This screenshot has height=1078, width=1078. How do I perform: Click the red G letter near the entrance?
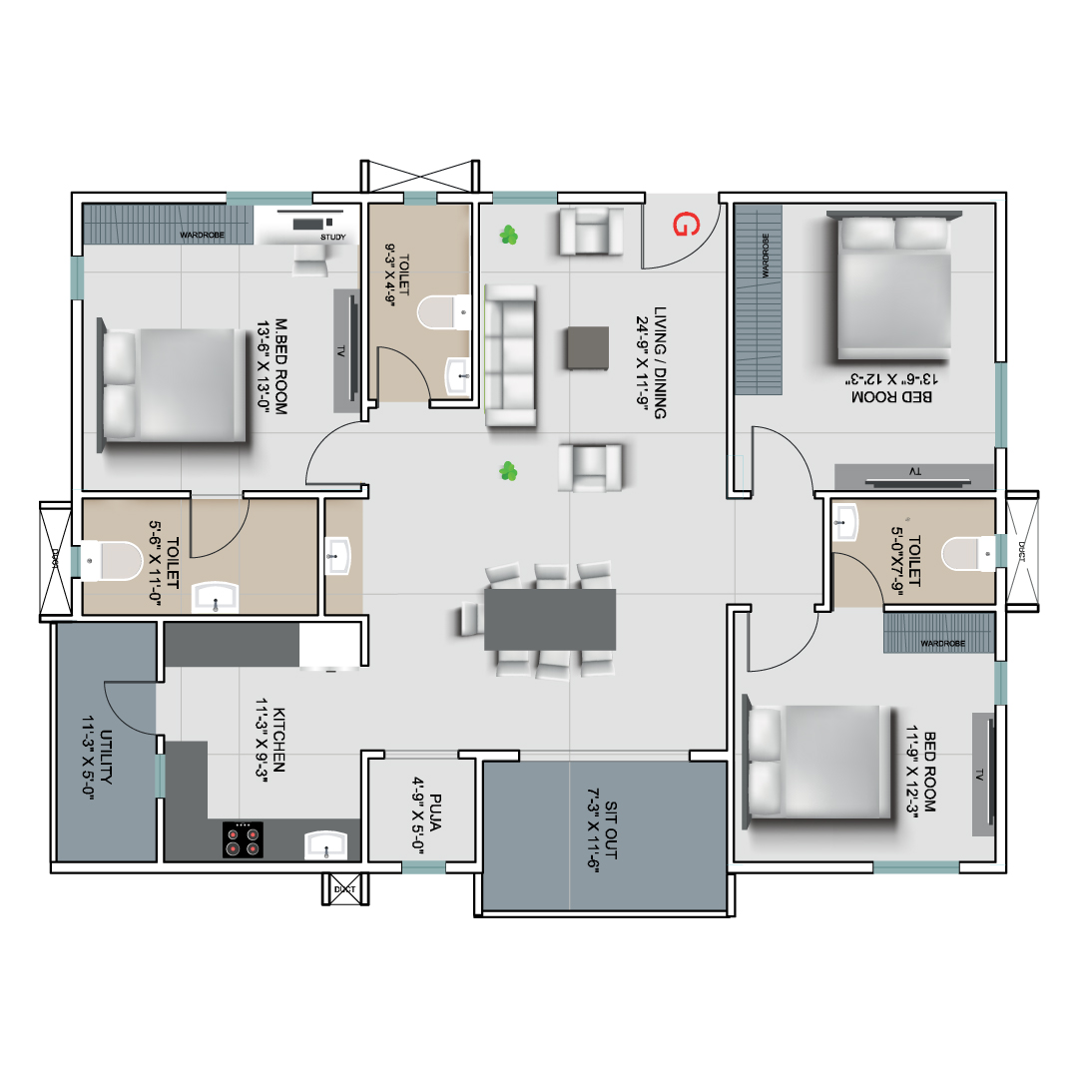click(686, 225)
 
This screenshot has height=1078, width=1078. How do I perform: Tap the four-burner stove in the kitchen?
click(243, 839)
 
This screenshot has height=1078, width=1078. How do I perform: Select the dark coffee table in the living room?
click(588, 348)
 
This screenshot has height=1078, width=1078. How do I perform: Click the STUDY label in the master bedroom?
click(332, 238)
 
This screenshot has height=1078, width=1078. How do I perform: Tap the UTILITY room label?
click(106, 757)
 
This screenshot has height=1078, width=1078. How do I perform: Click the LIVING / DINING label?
click(660, 362)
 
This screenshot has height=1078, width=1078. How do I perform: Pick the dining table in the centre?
click(550, 620)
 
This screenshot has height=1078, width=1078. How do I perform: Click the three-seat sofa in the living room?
click(511, 356)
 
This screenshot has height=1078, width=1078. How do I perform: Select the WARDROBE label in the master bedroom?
click(202, 236)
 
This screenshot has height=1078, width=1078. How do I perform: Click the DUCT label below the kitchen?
click(344, 889)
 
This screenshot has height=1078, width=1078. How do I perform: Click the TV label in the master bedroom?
click(340, 351)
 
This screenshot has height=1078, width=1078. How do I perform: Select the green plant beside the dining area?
click(508, 471)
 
